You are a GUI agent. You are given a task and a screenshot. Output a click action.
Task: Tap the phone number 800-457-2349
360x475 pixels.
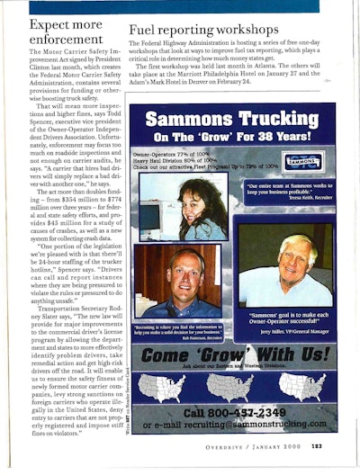click(x=232, y=412)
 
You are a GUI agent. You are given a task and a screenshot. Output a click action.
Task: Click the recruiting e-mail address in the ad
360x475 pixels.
click(x=233, y=425)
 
